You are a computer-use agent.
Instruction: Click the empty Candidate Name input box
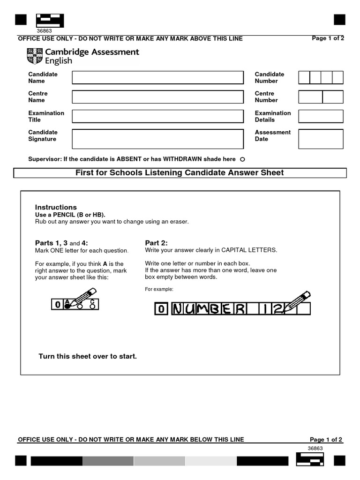pyautogui.click(x=157, y=77)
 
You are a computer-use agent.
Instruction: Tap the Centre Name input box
pyautogui.click(x=157, y=97)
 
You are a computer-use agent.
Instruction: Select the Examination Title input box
pyautogui.click(x=157, y=116)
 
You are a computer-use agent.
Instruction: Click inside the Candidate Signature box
pyautogui.click(x=157, y=139)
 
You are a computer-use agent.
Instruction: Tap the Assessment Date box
pyautogui.click(x=321, y=139)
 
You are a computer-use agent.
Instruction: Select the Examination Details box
pyautogui.click(x=321, y=116)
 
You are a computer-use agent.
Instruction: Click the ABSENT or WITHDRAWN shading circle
pyautogui.click(x=242, y=159)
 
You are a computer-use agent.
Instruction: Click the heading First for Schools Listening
pyautogui.click(x=180, y=173)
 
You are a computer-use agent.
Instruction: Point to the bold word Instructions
pyautogui.click(x=56, y=207)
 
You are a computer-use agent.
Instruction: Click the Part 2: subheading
pyautogui.click(x=156, y=243)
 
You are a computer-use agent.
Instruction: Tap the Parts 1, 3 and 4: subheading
pyautogui.click(x=61, y=243)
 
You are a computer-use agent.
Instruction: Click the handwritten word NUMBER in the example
pyautogui.click(x=209, y=308)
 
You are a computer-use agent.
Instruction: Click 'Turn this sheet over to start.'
pyautogui.click(x=88, y=356)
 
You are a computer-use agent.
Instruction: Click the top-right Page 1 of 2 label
pyautogui.click(x=328, y=38)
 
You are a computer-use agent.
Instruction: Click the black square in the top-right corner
pyautogui.click(x=339, y=20)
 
